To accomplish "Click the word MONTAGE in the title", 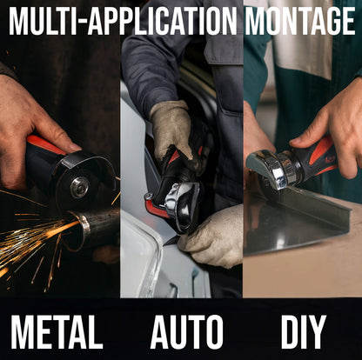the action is pos(300,21).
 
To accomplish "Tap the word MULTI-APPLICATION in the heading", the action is pos(123,21).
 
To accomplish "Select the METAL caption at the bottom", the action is pos(57,332).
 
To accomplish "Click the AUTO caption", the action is pos(186,332).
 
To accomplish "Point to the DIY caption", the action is pos(304,332).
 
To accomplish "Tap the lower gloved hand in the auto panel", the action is pos(213,237).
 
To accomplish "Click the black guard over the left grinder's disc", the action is pos(87,165).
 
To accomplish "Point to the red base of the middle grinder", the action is pos(155,208).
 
